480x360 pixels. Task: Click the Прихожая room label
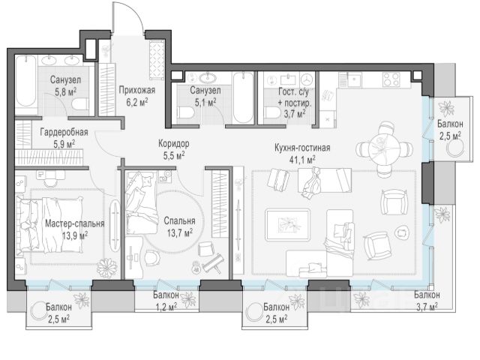tap(136, 90)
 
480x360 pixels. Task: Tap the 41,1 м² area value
tap(302, 160)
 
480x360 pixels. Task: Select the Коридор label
tap(173, 143)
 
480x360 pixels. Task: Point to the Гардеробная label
tap(64, 132)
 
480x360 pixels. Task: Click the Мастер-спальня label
tap(75, 223)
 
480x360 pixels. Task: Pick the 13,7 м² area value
tap(180, 233)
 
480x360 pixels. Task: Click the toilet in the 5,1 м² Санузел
tap(185, 112)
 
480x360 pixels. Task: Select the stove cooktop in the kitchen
tap(391, 79)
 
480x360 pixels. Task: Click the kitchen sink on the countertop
tap(353, 79)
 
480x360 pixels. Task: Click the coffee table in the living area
tap(288, 225)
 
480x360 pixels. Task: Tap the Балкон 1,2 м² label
tap(166, 301)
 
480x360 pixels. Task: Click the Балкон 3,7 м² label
tap(427, 300)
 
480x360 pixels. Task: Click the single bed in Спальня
tap(139, 202)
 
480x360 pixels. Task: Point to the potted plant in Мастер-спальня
tap(107, 268)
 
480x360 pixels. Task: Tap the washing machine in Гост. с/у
tap(306, 80)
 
